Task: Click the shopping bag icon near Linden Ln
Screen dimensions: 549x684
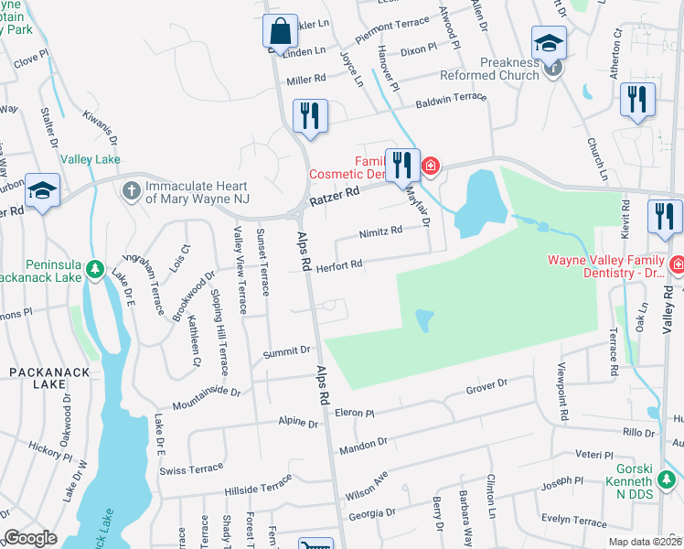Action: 281,30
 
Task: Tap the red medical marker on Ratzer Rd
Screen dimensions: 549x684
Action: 430,167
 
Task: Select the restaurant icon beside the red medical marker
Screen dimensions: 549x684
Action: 401,166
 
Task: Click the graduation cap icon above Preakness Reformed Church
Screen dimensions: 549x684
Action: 549,42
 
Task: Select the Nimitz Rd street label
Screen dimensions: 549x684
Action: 380,231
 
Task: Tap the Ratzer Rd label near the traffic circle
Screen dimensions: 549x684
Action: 332,194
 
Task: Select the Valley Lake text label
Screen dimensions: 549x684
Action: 90,159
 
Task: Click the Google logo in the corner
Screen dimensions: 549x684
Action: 30,537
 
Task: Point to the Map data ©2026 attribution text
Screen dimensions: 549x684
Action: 644,542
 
